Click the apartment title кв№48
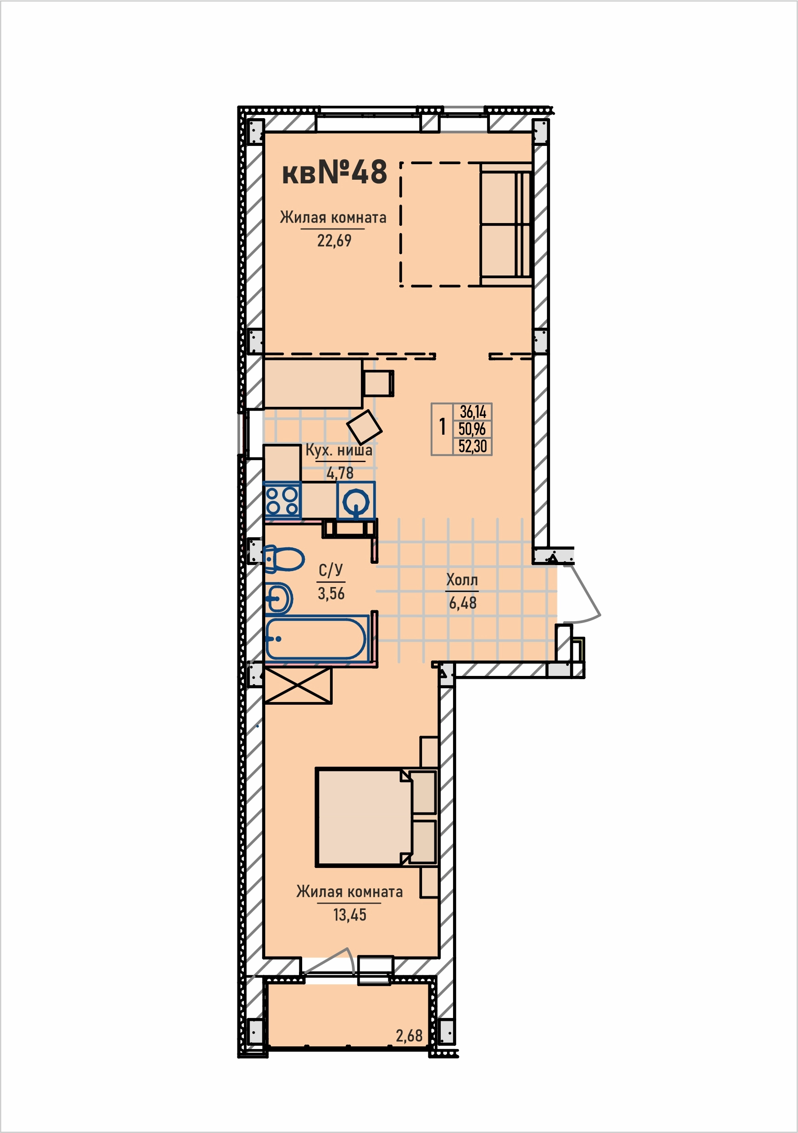335,172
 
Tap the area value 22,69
334,241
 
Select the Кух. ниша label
339,450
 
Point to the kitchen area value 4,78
340,473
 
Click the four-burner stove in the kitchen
283,500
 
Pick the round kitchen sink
355,501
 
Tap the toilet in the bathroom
284,559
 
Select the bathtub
316,639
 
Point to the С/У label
330,570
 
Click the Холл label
462,580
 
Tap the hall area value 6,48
463,603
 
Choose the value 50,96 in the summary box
472,429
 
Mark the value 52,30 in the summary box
473,446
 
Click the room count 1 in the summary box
443,427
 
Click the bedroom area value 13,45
350,915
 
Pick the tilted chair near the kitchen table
365,426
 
